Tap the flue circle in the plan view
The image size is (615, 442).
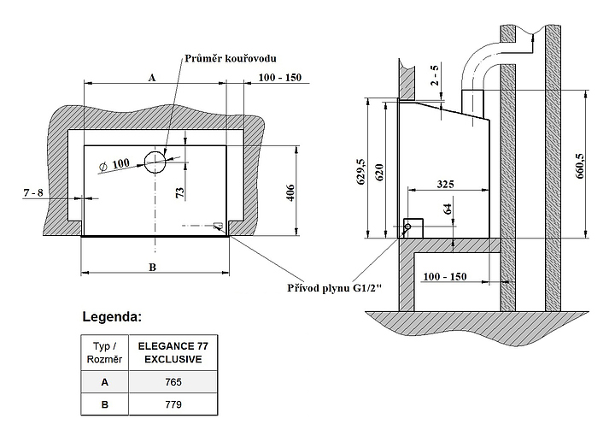[x=155, y=160]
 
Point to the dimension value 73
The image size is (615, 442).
[x=179, y=193]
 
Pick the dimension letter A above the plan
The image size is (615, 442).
[x=151, y=77]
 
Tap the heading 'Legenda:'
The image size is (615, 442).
[x=111, y=317]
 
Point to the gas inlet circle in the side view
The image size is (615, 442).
[x=407, y=227]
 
